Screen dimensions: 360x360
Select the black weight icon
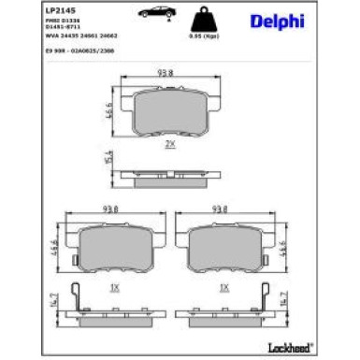click(x=197, y=19)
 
